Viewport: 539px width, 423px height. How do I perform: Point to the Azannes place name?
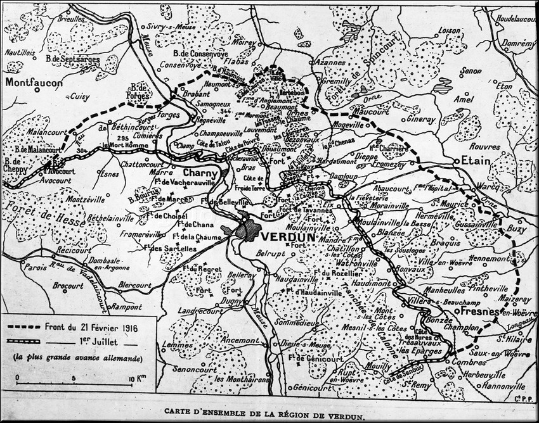[x=330, y=63]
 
